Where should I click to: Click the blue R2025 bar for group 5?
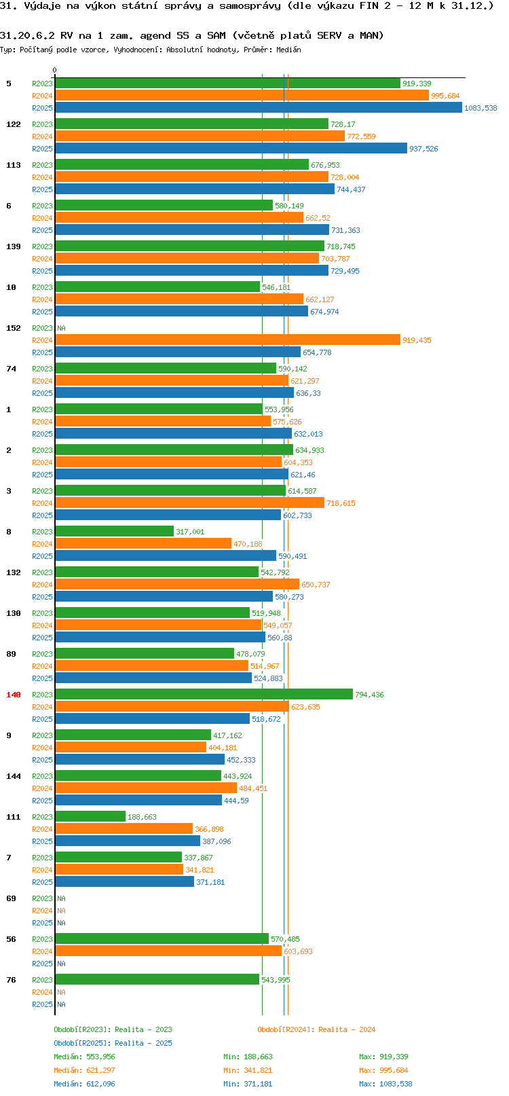[x=258, y=108]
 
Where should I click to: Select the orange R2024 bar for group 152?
[x=227, y=340]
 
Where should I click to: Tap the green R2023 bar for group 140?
[x=204, y=695]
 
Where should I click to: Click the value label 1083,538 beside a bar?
[x=480, y=108]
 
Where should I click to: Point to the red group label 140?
[x=14, y=695]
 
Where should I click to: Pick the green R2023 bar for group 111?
[x=90, y=817]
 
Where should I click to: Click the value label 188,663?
[x=142, y=817]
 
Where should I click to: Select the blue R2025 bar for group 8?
[x=166, y=556]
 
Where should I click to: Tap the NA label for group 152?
[x=61, y=328]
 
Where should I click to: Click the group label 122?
[x=14, y=124]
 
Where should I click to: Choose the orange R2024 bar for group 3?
[x=189, y=503]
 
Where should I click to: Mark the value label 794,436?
[x=369, y=695]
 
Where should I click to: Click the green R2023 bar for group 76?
[x=157, y=980]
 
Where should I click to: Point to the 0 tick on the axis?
[x=55, y=70]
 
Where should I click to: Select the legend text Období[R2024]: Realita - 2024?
[x=316, y=1029]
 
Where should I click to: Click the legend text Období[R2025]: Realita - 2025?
[x=113, y=1043]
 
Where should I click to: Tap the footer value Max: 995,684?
[x=383, y=1070]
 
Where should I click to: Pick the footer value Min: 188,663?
[x=248, y=1057]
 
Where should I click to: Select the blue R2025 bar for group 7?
[x=124, y=882]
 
